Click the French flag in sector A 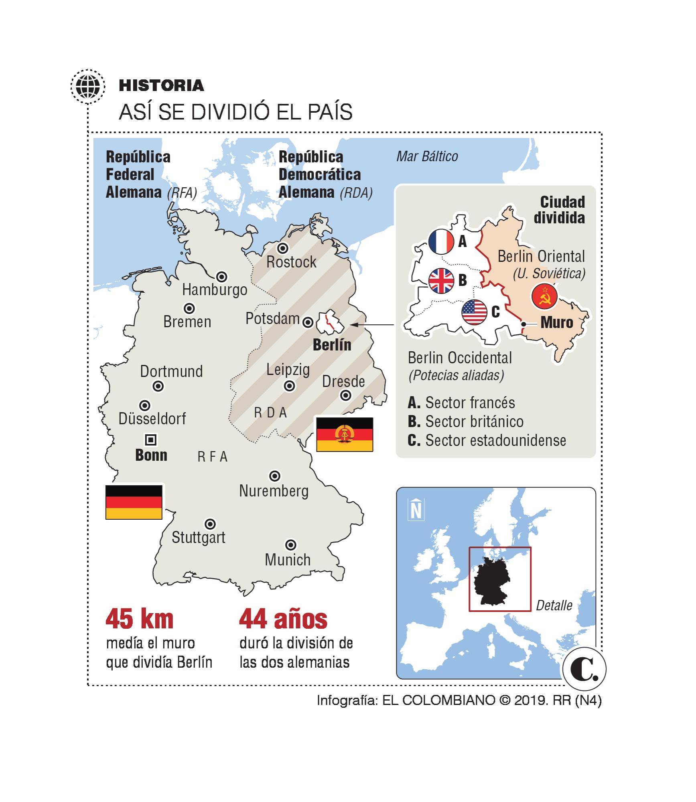[441, 241]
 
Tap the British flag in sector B [441, 280]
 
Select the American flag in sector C [475, 312]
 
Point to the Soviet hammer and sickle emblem [544, 296]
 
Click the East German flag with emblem [345, 434]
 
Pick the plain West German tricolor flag [134, 502]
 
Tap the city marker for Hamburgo [221, 277]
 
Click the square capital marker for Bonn [151, 439]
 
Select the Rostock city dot [283, 248]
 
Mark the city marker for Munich [290, 545]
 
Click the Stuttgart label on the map [198, 537]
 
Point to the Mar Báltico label [427, 156]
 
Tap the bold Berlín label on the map [332, 344]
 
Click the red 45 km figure [139, 619]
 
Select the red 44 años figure [283, 619]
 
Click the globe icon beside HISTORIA [88, 85]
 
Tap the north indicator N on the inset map [416, 509]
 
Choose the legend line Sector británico [465, 421]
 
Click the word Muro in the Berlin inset [556, 322]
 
